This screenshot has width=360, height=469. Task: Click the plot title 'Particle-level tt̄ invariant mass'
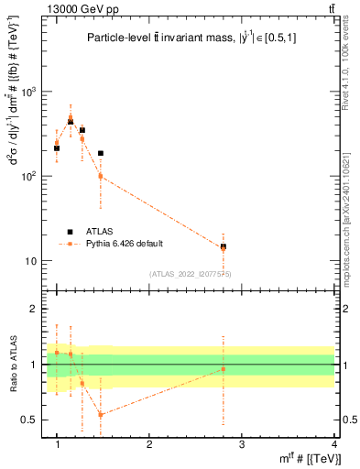pos(196,38)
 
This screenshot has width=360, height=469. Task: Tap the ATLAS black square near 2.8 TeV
pos(224,246)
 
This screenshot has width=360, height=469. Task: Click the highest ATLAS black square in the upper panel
pos(71,121)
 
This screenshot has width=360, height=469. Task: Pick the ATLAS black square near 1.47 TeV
pos(101,153)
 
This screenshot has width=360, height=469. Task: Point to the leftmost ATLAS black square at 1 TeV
pos(57,147)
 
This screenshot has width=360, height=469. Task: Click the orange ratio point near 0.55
pos(101,414)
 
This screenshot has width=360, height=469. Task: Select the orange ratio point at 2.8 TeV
pos(224,369)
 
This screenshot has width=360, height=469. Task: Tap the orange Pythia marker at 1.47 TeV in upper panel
pos(101,176)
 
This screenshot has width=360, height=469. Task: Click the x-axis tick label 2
pos(149,444)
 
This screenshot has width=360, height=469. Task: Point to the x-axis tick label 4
pos(334,444)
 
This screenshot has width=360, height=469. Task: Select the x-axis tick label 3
pos(242,444)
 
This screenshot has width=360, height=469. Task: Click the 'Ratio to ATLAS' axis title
pos(14,364)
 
